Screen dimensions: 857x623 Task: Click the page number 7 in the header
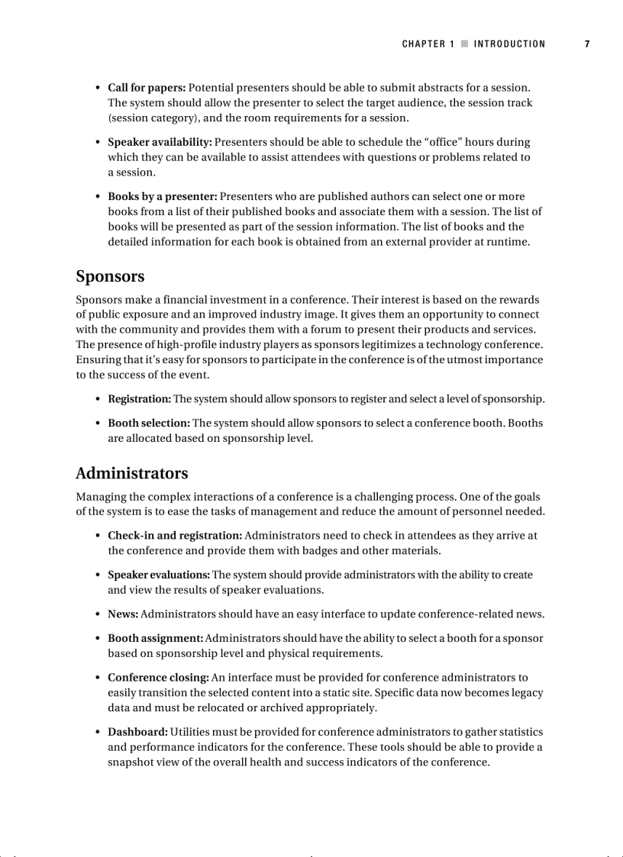point(587,44)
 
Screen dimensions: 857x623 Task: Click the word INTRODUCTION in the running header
point(509,44)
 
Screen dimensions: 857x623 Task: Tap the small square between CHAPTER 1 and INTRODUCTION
point(463,44)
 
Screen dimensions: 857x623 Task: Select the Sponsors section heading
point(110,276)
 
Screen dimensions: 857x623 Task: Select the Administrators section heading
point(131,473)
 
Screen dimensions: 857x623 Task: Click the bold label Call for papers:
point(147,88)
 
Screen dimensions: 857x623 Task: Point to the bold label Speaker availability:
point(160,142)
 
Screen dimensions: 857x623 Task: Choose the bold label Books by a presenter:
point(162,196)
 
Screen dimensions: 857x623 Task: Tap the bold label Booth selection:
point(148,423)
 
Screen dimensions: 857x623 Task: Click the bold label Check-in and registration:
point(175,536)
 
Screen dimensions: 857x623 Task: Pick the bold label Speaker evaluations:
point(158,575)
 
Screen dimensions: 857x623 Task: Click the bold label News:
point(122,614)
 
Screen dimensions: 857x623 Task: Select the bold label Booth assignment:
point(155,638)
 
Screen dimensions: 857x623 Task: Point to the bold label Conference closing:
point(158,677)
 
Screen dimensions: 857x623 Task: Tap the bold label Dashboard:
point(137,732)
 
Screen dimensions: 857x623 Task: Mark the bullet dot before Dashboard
point(98,733)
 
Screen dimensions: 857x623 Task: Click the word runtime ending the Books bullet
point(507,242)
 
